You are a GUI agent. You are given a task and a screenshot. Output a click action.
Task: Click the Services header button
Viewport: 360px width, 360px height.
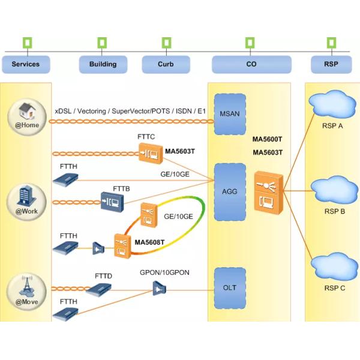(x=26, y=64)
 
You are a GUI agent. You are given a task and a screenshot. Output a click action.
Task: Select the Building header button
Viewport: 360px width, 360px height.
(x=103, y=64)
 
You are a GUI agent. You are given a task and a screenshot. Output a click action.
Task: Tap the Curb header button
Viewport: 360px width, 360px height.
(x=166, y=64)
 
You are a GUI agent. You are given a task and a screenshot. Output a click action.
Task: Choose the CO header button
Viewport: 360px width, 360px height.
(x=251, y=64)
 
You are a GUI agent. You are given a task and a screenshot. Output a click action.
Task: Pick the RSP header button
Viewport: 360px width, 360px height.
(x=331, y=64)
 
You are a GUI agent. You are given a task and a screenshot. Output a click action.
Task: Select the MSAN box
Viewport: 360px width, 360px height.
(x=230, y=114)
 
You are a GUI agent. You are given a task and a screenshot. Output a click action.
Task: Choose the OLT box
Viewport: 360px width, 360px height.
(x=230, y=288)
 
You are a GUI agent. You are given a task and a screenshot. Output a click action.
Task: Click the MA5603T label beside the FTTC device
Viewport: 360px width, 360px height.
(x=179, y=151)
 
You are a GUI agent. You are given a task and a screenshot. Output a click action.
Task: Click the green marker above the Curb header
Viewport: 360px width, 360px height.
(x=166, y=43)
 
